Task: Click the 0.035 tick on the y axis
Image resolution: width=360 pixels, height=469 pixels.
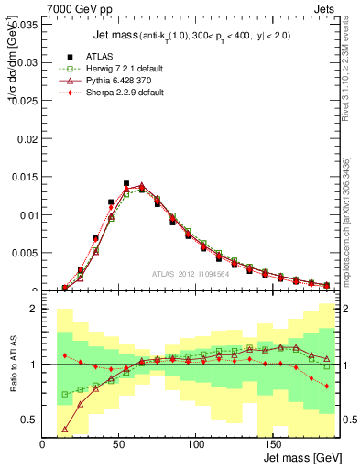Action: tap(26, 25)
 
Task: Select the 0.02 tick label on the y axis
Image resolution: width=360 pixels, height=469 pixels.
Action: tap(27, 139)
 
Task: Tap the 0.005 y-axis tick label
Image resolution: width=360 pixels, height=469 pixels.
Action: tap(26, 253)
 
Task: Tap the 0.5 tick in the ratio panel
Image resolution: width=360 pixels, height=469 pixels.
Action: tap(30, 420)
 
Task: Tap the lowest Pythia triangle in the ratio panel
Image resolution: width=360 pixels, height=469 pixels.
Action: tap(65, 429)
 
